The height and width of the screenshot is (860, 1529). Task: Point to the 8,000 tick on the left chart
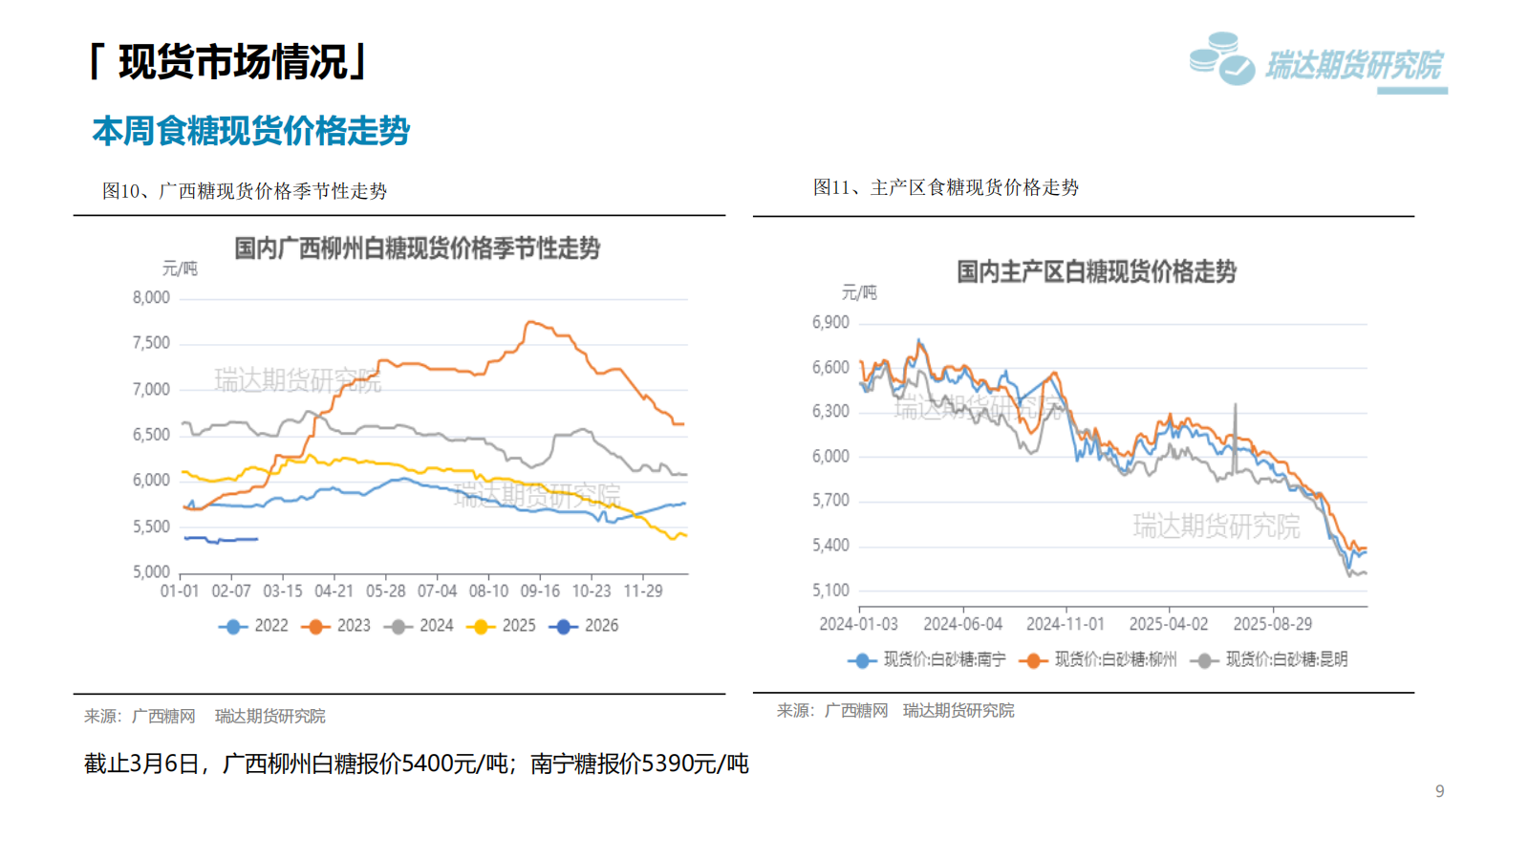coord(151,298)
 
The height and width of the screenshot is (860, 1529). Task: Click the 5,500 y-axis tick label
coord(151,527)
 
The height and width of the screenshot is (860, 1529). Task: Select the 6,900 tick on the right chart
coord(830,323)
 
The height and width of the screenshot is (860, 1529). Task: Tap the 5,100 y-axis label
coord(830,591)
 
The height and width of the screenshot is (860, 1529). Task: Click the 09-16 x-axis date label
coord(540,591)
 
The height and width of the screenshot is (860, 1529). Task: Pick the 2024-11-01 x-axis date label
coord(1066,624)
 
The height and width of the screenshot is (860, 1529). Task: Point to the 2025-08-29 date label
coord(1273,624)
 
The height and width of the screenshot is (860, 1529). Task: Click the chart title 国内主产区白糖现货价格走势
coord(1096,272)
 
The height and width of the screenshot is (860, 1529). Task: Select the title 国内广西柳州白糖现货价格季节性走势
coord(417,249)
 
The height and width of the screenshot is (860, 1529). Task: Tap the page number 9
coord(1439,791)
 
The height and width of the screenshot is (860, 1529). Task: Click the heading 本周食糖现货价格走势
coord(250,131)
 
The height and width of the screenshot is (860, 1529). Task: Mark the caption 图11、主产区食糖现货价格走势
coord(945,187)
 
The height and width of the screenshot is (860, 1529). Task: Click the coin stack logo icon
coord(1221,59)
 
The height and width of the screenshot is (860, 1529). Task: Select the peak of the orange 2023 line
coord(529,322)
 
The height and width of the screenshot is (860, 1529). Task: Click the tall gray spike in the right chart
coord(1236,405)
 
